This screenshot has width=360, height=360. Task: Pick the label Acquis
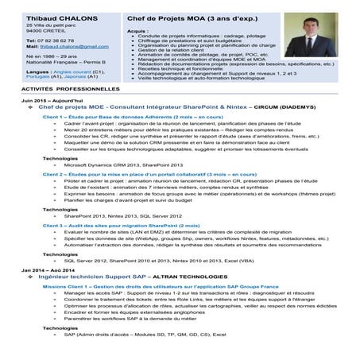pyautogui.click(x=137, y=29)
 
